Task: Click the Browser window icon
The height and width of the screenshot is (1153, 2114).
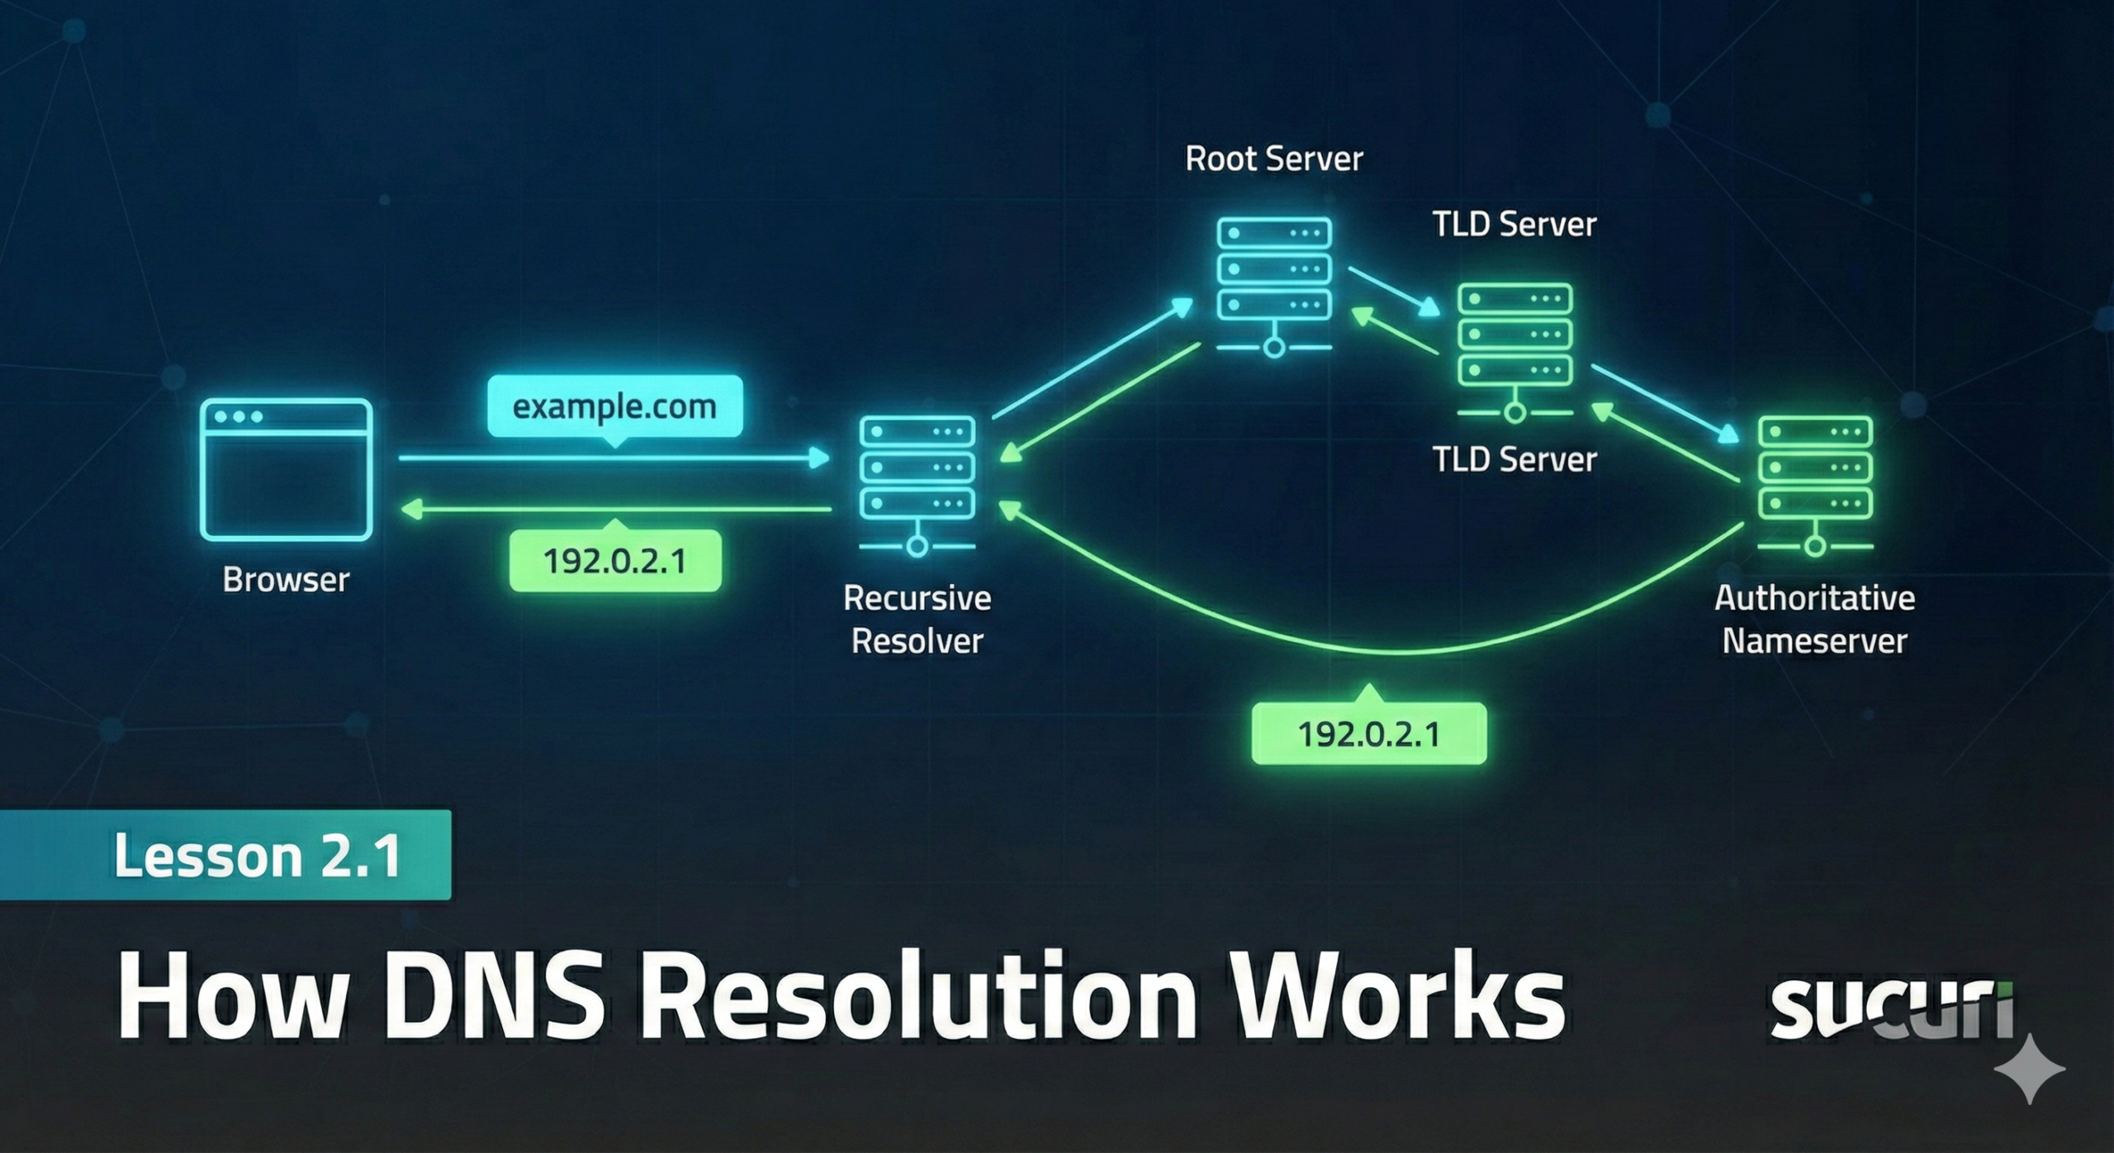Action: [286, 469]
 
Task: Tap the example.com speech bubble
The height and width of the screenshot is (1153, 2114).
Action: [614, 406]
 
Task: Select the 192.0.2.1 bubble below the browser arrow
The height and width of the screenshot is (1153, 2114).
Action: [615, 562]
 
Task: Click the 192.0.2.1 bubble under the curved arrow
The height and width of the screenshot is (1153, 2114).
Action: [1369, 733]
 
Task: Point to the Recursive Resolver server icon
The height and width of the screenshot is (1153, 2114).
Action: [917, 483]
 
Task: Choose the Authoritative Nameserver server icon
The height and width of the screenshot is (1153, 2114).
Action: [1815, 483]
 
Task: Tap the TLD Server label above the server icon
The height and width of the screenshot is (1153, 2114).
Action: [1514, 225]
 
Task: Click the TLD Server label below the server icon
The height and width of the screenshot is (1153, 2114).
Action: [1514, 460]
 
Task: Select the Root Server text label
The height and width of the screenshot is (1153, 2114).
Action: [1273, 159]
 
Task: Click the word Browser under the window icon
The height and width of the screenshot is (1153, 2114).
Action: [286, 580]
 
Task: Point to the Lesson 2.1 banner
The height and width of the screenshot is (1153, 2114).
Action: [225, 855]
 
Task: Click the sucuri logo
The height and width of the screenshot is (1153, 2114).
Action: [1891, 1008]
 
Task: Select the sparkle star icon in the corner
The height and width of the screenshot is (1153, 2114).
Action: [2029, 1069]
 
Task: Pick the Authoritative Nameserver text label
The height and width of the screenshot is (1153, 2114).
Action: [1814, 619]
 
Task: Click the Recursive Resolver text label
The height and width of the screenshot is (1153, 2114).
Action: [917, 619]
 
